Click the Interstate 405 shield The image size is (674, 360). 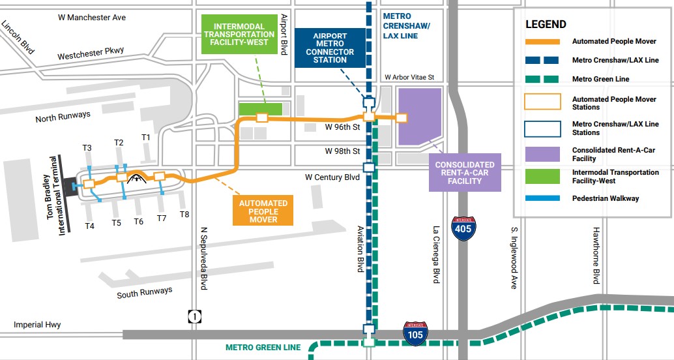(x=463, y=230)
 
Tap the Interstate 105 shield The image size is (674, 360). (x=415, y=333)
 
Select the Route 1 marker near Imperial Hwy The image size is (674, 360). (x=195, y=316)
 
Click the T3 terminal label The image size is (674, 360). (x=87, y=148)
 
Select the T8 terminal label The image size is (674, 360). (x=184, y=214)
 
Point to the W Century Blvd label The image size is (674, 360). (x=332, y=177)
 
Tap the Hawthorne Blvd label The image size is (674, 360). (x=595, y=256)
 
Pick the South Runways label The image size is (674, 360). (x=145, y=293)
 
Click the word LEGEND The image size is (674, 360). (x=546, y=24)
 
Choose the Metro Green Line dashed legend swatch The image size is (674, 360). (x=542, y=79)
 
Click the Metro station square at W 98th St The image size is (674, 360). (x=369, y=167)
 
